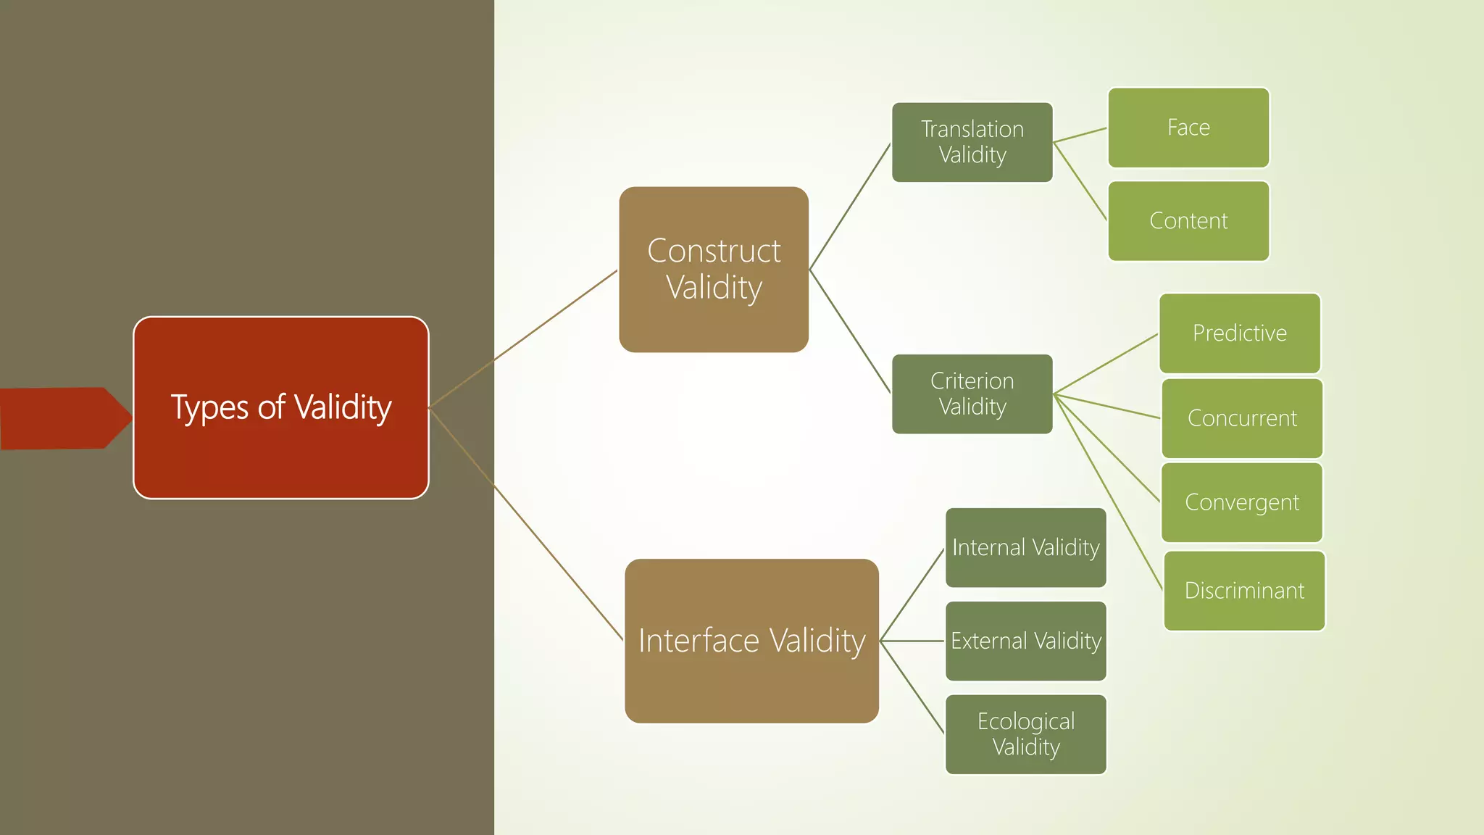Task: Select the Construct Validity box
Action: coord(714,270)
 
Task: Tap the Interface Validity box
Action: coord(751,641)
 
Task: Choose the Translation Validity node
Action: coord(972,142)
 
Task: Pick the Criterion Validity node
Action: coord(972,394)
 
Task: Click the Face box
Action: coord(1188,128)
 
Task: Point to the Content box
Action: coord(1188,220)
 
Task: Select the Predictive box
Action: coord(1239,333)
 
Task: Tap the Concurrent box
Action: coord(1242,418)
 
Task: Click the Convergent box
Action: coord(1242,502)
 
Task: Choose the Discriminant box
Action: coord(1244,591)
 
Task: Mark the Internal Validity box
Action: coord(1025,547)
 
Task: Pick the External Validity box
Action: coord(1025,641)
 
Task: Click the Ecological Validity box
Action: coord(1025,734)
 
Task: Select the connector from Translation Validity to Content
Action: coord(1080,181)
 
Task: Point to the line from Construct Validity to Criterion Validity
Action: coord(849,331)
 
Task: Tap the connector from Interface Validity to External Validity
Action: coord(912,641)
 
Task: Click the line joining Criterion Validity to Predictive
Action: coord(1105,364)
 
